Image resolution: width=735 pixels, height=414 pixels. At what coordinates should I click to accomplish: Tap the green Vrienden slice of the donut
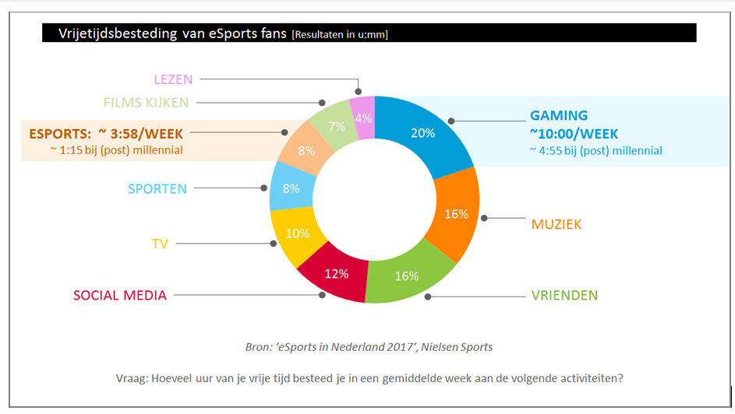[x=407, y=274]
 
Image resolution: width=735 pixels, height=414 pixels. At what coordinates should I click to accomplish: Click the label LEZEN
[x=173, y=79]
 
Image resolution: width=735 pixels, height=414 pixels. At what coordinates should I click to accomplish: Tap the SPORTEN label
[x=157, y=188]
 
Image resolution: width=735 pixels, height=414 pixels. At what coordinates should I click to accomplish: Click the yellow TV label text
[x=161, y=244]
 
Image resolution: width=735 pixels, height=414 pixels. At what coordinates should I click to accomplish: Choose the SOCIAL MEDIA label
[x=120, y=296]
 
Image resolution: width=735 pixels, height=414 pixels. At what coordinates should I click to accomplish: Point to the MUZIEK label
[x=557, y=225]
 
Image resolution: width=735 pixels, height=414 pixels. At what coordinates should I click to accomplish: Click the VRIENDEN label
[x=564, y=296]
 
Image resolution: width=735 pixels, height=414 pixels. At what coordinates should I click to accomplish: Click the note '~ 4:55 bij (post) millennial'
[x=595, y=151]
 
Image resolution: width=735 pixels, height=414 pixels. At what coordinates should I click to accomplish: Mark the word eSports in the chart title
[x=235, y=33]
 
